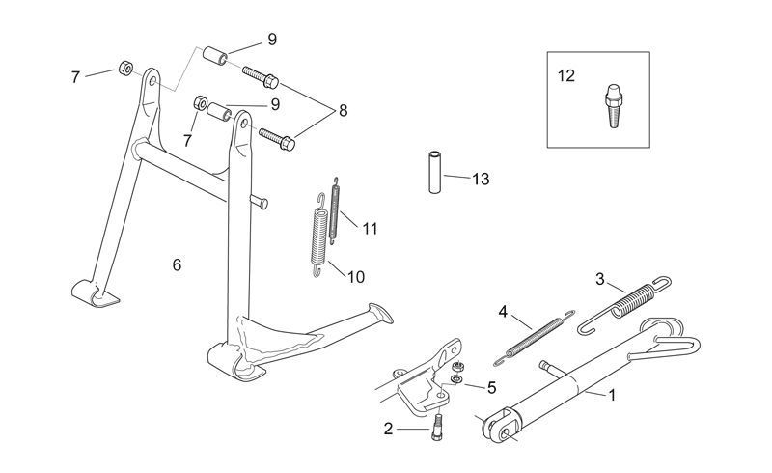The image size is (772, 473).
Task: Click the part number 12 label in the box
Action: point(566,76)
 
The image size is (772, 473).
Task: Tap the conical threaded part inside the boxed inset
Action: point(613,106)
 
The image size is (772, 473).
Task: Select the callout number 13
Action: point(481,179)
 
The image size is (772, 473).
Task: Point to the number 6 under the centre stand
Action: point(178,265)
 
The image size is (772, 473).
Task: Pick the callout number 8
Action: point(344,111)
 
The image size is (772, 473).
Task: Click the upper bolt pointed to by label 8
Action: point(261,77)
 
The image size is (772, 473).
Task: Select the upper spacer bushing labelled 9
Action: point(216,55)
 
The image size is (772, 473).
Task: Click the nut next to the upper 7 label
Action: point(125,69)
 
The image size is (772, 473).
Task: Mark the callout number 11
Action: point(370,229)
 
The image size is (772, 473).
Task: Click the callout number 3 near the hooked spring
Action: point(599,279)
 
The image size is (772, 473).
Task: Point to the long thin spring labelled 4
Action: point(535,341)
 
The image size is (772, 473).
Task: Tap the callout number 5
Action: point(491,388)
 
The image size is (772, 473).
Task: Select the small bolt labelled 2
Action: point(437,427)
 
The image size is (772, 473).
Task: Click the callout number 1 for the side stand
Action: point(612,395)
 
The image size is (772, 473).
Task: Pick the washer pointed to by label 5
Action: point(456,378)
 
